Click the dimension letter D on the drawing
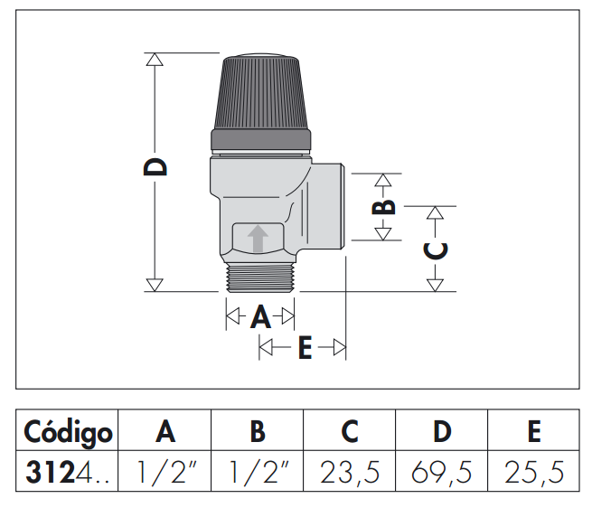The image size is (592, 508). coord(155,167)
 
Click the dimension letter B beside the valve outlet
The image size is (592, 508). coord(383,207)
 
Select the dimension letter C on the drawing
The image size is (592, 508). coord(436,250)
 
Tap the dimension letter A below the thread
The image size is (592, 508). coord(260,316)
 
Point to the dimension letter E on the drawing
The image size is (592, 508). coord(305,347)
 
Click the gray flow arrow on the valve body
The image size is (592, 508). coord(258,239)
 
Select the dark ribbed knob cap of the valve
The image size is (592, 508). coord(260,102)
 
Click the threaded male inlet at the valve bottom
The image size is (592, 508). coord(260,278)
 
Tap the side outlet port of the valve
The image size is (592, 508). coord(326,206)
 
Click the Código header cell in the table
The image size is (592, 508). coord(68,431)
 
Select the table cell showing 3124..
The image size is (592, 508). coord(67,472)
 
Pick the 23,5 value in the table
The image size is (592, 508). coord(350,472)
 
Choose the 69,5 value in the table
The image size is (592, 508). coord(441,472)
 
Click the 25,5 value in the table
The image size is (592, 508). coord(534,472)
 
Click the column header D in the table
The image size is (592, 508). coord(442,431)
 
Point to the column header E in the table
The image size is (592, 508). coord(534,431)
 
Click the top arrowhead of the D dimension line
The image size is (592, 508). coord(155,60)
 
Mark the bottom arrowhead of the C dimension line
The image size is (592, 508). coord(435,285)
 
